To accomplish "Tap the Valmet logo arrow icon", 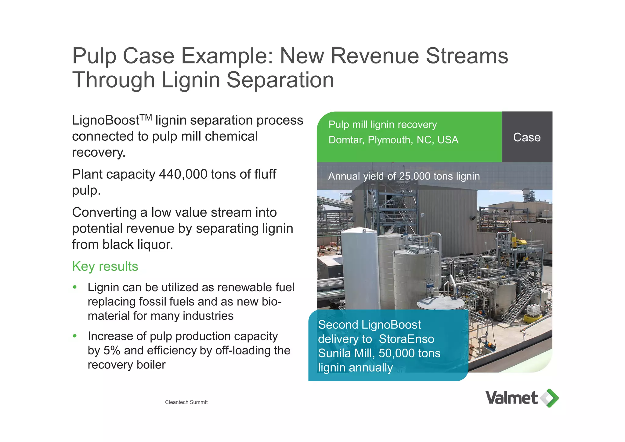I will coord(550,398).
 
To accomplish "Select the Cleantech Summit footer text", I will coord(186,402).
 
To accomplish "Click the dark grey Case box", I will coord(527,137).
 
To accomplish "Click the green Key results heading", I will coord(105,266).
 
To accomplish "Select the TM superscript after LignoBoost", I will coord(146,117).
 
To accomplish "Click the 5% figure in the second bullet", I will coord(112,350).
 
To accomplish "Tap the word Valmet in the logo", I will coord(511,398).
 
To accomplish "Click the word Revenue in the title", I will coord(375,56).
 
